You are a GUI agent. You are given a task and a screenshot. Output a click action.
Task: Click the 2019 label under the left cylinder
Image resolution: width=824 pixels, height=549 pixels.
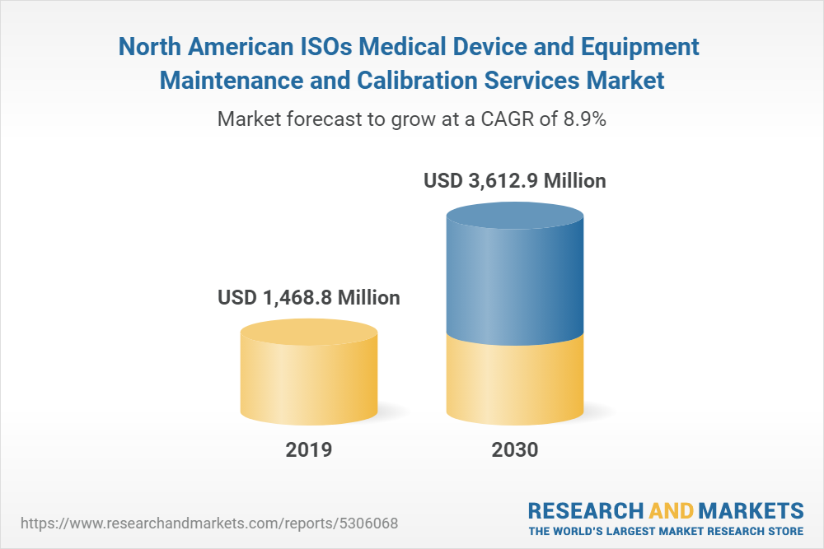309,450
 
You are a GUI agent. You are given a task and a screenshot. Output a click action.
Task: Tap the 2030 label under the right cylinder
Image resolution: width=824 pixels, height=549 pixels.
515,450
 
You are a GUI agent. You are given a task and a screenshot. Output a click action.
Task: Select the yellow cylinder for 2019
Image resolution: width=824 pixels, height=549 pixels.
309,379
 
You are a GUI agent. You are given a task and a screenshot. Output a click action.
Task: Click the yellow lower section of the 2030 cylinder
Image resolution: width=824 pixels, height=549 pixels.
515,383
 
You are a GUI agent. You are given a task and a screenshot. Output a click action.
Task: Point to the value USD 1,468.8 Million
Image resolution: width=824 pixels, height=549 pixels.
309,297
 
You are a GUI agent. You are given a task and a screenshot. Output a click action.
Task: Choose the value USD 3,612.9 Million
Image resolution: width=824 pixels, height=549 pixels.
515,180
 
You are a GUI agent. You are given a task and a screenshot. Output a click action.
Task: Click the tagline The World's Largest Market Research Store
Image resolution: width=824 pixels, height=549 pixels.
666,530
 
